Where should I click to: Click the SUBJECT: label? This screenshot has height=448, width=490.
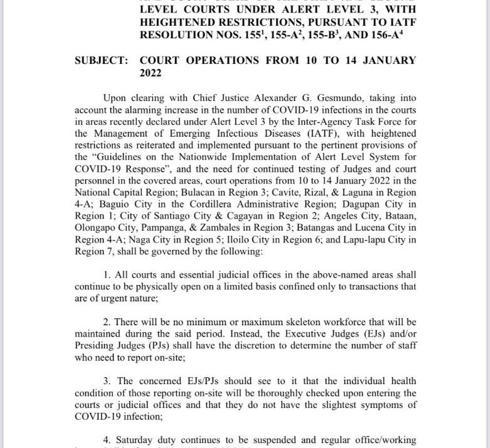click(101, 61)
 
